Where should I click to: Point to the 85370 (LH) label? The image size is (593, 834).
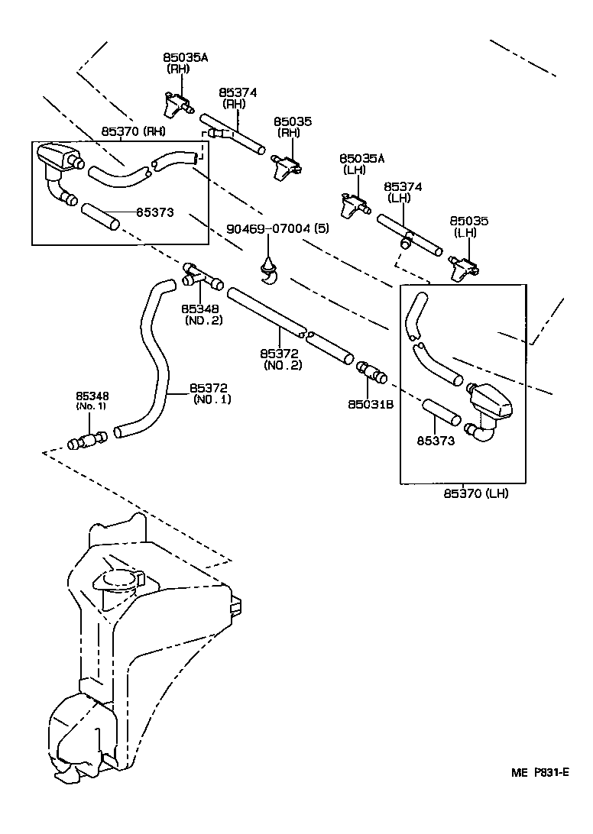[x=475, y=493]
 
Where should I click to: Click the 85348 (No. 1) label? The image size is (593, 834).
[x=92, y=400]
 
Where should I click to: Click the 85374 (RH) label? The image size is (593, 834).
[x=238, y=98]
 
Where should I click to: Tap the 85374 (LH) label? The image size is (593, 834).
[x=403, y=192]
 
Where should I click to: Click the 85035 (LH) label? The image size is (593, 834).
[x=469, y=226]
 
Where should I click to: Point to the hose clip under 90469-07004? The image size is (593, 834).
[x=269, y=270]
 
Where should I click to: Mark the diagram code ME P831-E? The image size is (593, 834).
[x=540, y=772]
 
